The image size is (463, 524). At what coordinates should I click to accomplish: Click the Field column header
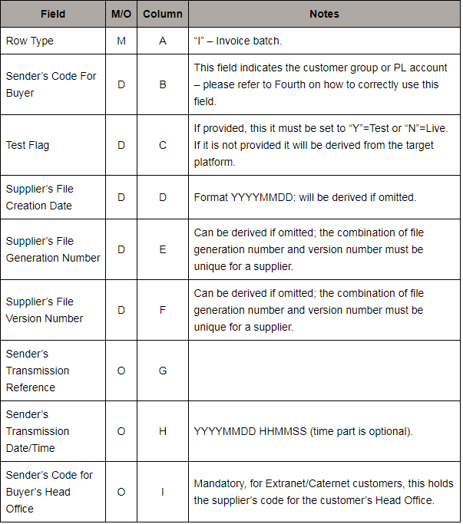click(x=53, y=14)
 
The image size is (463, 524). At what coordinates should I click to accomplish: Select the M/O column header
click(x=121, y=14)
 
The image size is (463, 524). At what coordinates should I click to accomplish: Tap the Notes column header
click(x=324, y=14)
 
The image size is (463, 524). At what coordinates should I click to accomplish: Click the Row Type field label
click(x=30, y=41)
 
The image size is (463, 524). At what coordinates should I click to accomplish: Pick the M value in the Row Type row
click(x=121, y=41)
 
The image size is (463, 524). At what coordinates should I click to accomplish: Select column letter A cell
click(x=163, y=41)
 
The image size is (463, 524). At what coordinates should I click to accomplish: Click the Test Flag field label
click(x=28, y=145)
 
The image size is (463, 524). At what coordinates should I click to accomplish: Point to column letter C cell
click(x=163, y=145)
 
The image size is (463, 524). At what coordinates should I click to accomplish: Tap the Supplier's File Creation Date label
click(x=39, y=197)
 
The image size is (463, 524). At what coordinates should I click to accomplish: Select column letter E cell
click(x=163, y=249)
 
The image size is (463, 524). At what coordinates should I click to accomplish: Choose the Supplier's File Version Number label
click(x=45, y=310)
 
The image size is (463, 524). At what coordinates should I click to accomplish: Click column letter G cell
click(x=163, y=371)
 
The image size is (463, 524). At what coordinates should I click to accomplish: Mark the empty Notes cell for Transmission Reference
click(x=324, y=371)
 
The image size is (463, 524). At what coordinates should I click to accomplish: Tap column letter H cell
click(x=163, y=431)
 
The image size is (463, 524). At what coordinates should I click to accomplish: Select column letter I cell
click(x=163, y=492)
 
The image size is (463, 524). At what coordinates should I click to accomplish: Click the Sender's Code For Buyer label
click(x=51, y=84)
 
